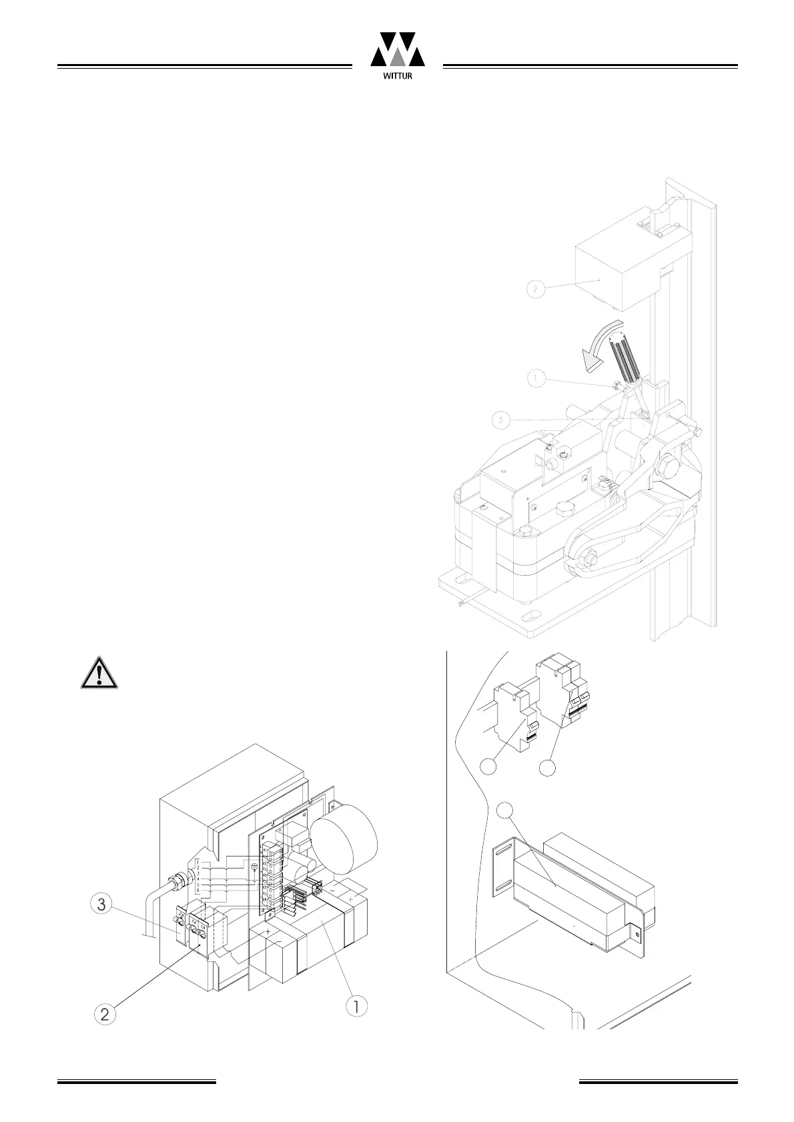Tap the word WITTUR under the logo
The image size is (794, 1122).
pos(398,76)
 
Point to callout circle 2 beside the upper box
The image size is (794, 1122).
pos(535,290)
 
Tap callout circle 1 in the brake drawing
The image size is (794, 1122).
pos(536,379)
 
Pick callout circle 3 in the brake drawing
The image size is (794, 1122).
pos(500,420)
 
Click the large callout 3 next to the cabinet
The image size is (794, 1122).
pos(101,905)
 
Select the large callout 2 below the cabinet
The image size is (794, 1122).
pos(104,1015)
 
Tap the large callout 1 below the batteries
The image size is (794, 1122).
pos(357,1006)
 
